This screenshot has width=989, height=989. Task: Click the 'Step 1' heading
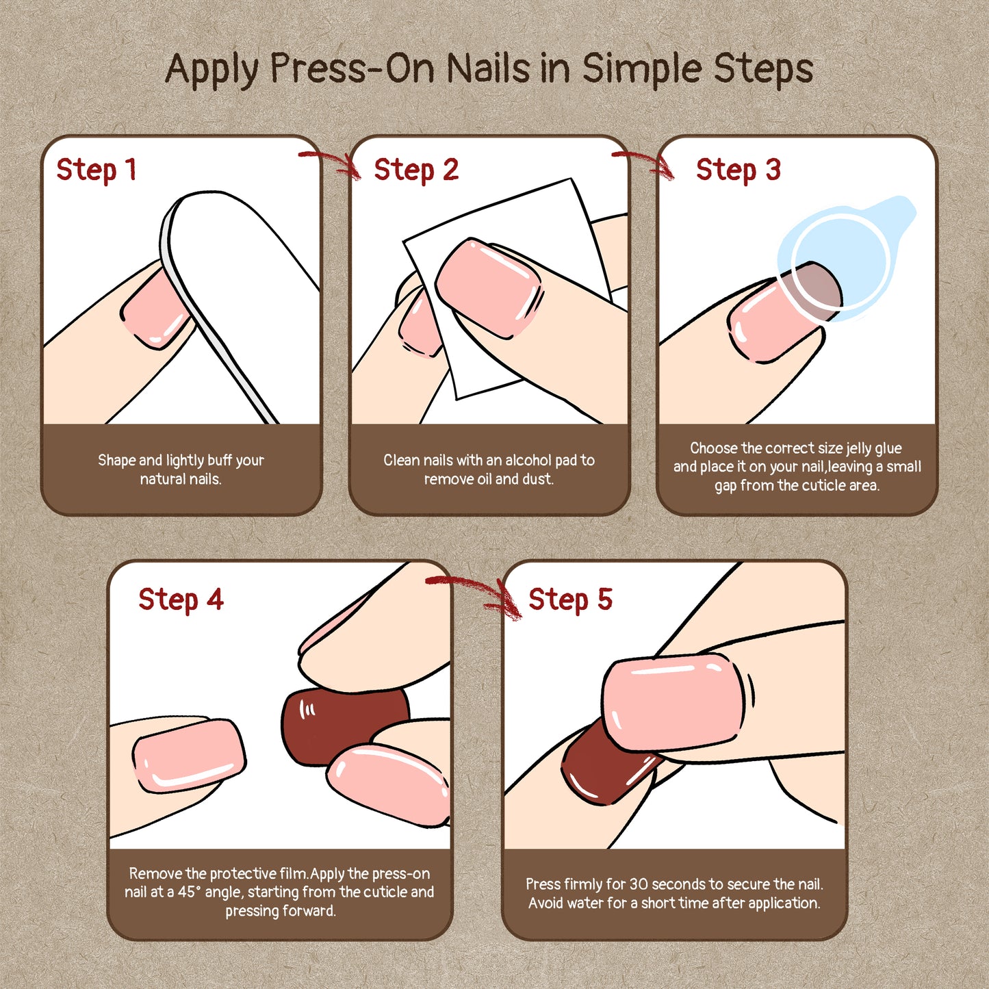click(97, 170)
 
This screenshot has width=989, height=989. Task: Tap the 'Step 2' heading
click(416, 170)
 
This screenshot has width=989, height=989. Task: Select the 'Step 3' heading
click(738, 170)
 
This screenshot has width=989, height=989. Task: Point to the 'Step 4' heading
click(181, 600)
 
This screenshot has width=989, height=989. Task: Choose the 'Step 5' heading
click(570, 600)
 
